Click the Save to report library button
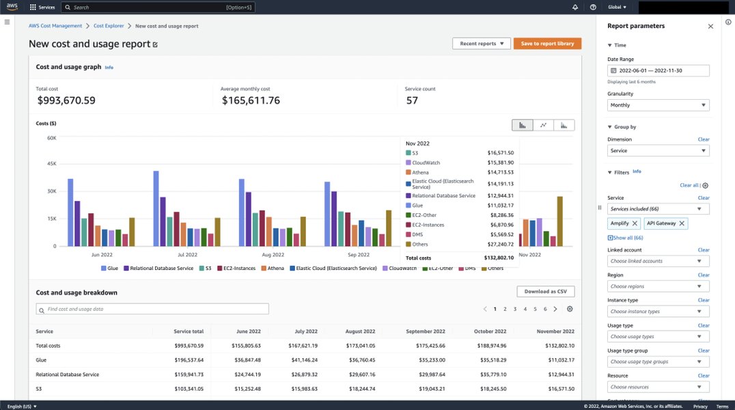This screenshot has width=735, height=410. [547, 44]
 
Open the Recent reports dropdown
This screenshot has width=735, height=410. [481, 44]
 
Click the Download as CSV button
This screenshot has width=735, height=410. [546, 292]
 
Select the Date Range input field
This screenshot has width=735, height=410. [658, 70]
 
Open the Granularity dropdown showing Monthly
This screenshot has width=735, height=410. [658, 105]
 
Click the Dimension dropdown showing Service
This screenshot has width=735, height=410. [658, 150]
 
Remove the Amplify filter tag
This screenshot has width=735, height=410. [635, 223]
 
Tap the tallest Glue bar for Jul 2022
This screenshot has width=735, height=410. [156, 208]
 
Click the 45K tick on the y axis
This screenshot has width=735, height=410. [51, 164]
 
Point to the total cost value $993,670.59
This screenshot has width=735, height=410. [66, 100]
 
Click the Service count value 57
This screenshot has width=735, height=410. [412, 100]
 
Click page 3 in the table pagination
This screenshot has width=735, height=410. [514, 310]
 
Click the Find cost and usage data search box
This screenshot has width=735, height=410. [152, 310]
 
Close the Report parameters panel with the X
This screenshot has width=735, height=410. [710, 26]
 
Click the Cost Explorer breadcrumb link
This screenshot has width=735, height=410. [109, 26]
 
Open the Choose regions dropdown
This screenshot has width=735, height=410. [658, 286]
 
